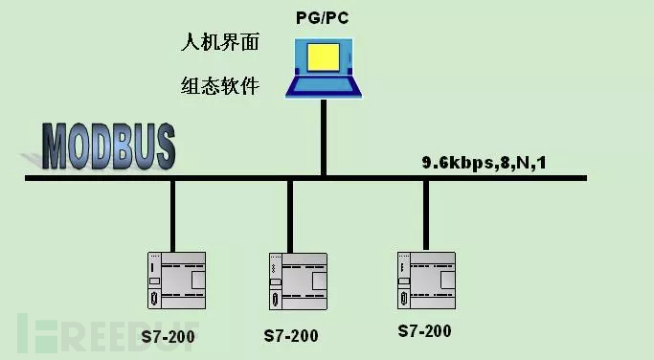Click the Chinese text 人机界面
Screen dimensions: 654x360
221,43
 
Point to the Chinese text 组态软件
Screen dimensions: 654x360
221,86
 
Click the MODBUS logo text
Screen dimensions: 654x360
109,146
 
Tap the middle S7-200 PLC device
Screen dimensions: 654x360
298,279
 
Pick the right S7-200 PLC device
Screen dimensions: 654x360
426,277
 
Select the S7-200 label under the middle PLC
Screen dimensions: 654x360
291,336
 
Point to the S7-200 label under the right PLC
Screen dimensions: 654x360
424,330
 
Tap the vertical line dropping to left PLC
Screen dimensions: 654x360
172,214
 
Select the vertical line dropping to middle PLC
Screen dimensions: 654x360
289,214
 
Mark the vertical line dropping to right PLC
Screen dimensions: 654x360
425,214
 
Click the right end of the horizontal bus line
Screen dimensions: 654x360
582,178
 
